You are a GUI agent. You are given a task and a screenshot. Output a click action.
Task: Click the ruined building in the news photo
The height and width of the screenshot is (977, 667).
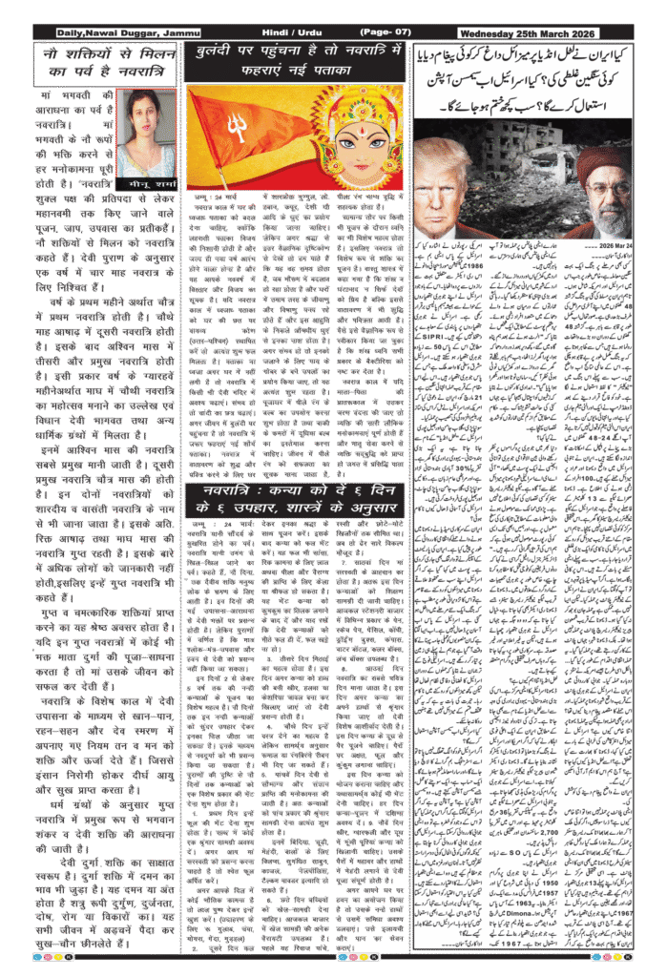tap(525, 172)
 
